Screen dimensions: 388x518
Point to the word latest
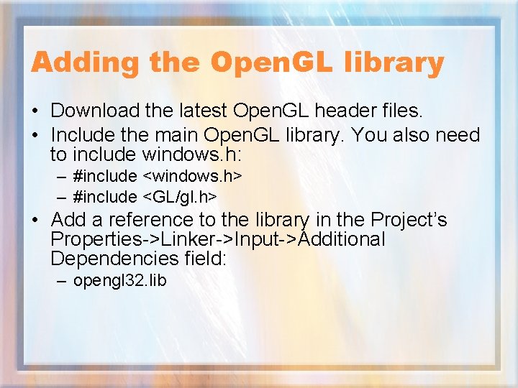click(201, 111)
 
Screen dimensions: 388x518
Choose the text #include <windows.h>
click(157, 176)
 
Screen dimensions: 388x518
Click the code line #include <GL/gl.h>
click(145, 197)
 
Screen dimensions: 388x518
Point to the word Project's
click(408, 220)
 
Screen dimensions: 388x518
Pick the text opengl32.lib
click(119, 280)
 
